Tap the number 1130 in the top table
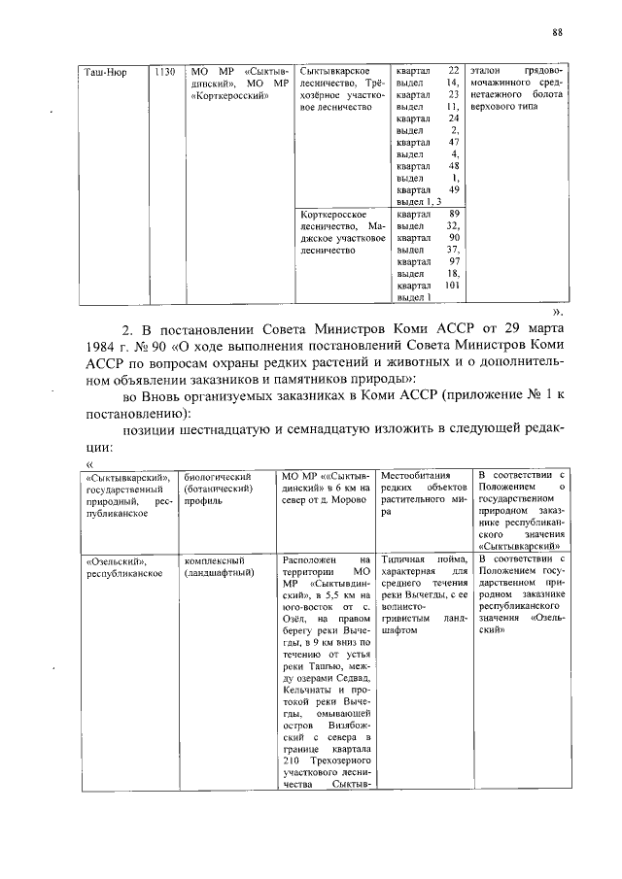point(164,73)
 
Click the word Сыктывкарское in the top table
point(333,73)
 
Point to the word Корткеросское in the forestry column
point(333,214)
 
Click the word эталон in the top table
point(486,72)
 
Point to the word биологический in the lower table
point(218,477)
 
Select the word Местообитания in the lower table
point(414,476)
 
